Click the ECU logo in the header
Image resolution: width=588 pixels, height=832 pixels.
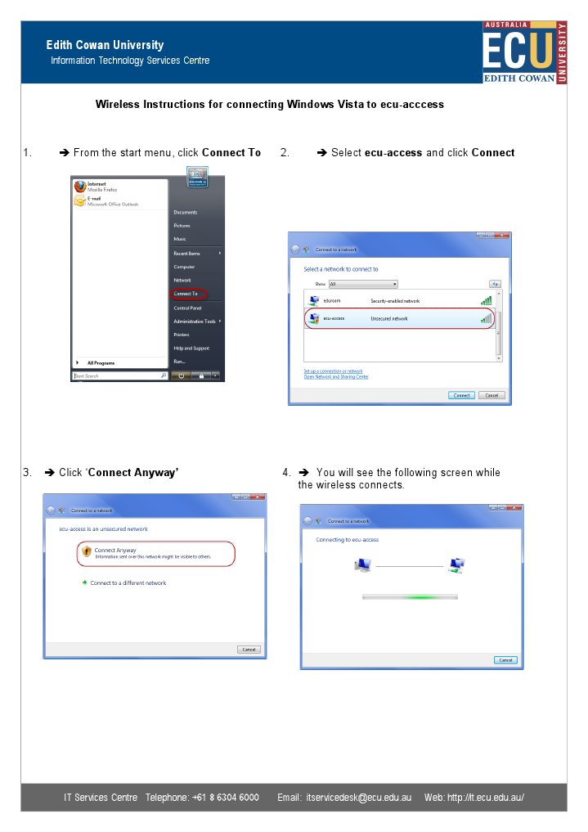(523, 52)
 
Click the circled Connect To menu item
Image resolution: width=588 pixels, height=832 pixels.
(186, 294)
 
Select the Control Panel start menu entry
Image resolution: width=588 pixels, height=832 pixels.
(187, 308)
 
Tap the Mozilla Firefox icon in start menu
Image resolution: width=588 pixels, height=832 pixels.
(80, 187)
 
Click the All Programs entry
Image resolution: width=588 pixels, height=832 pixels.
(101, 362)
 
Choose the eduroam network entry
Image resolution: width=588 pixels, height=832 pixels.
(331, 301)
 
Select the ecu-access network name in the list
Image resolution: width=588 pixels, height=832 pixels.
(334, 318)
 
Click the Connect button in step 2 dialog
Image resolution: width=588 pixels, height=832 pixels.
(461, 395)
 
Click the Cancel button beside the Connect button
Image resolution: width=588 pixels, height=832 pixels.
(491, 395)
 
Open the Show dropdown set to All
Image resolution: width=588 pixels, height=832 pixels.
(363, 284)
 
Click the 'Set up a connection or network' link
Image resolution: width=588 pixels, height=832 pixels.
(333, 371)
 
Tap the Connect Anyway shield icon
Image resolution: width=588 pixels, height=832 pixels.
(86, 553)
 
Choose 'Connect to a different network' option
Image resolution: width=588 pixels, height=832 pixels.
(128, 583)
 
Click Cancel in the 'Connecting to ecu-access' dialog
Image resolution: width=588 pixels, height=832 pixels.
(505, 660)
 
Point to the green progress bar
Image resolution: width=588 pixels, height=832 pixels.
(410, 597)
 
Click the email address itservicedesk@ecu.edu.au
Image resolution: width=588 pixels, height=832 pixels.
(358, 798)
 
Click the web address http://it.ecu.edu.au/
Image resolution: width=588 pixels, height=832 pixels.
(485, 798)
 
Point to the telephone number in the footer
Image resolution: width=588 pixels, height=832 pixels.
(226, 798)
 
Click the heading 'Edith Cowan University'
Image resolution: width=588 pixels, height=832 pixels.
(105, 45)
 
